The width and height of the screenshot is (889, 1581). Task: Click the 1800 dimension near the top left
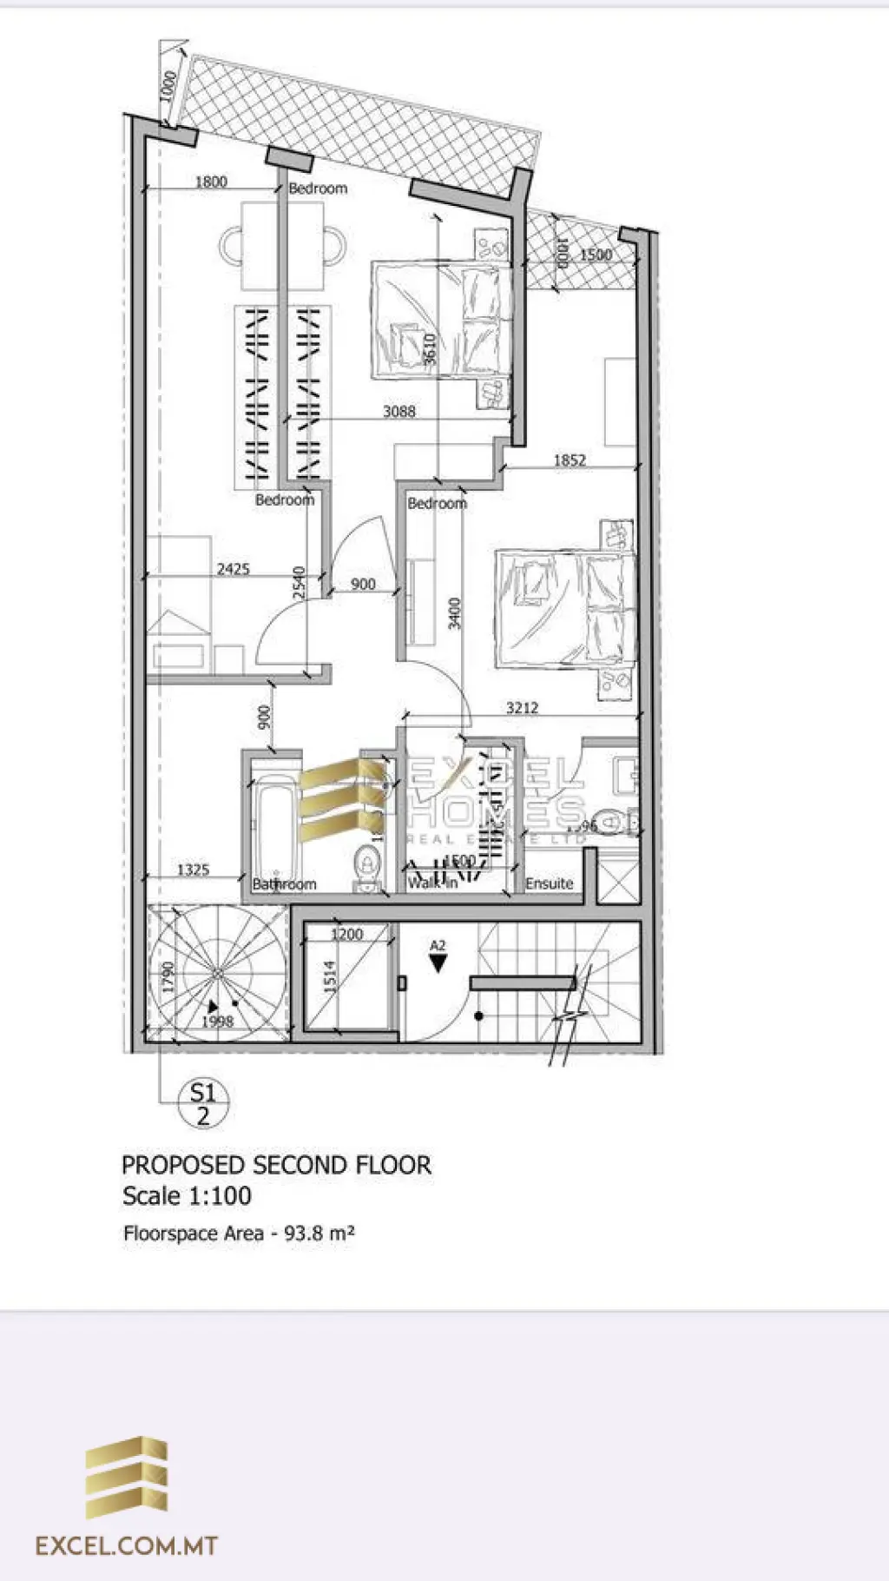tap(210, 182)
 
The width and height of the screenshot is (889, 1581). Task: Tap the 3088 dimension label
tap(399, 411)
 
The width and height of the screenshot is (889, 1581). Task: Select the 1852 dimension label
tap(570, 460)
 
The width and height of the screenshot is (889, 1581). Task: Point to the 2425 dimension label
tap(233, 569)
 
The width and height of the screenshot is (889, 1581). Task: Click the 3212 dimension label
tap(522, 708)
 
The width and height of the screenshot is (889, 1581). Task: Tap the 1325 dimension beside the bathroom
tap(193, 870)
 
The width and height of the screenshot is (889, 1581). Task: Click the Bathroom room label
tap(284, 884)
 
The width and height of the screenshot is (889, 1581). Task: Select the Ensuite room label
tap(549, 883)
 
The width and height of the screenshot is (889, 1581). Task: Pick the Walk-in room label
tap(432, 883)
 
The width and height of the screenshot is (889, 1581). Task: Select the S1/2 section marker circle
tap(203, 1103)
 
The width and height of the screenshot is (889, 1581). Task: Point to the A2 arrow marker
tap(438, 958)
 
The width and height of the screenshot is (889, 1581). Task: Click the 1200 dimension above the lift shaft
tap(347, 935)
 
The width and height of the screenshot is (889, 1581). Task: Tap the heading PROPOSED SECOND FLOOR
tap(276, 1165)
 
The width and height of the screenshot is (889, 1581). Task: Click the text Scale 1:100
tap(187, 1196)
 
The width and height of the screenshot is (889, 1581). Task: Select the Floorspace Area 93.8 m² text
tap(239, 1233)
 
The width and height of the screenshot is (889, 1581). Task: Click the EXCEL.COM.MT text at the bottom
tap(126, 1545)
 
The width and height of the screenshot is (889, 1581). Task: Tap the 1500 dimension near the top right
tap(596, 255)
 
